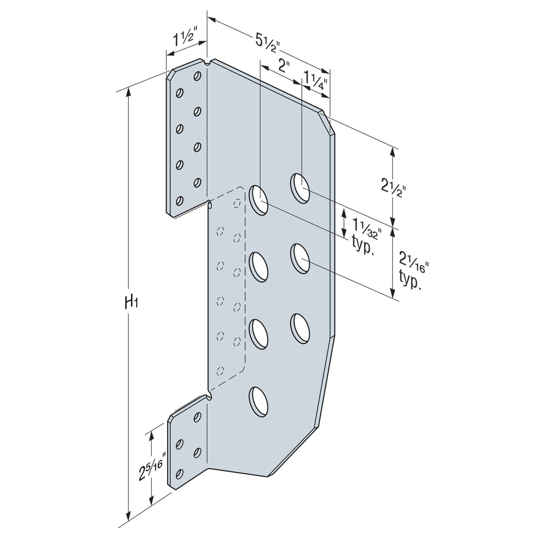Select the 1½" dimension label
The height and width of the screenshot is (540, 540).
185,36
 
